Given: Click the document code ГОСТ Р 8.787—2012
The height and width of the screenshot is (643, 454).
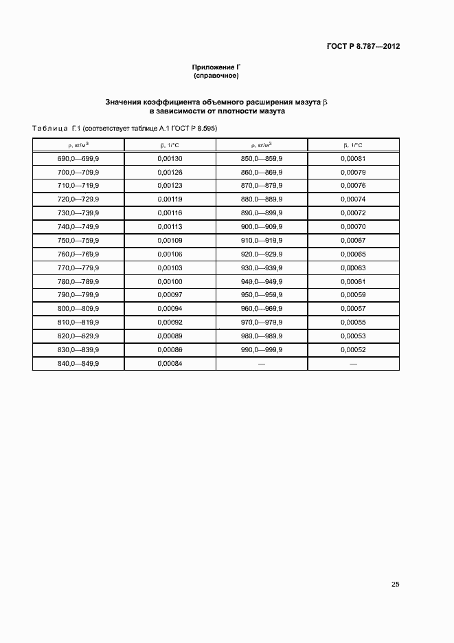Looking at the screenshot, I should pos(363,47).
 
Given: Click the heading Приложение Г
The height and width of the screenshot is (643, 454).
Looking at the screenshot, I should pos(216,67).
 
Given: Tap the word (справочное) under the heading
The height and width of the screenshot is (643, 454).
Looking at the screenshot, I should pos(216,76).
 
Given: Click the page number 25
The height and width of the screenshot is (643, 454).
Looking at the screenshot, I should pos(395,585).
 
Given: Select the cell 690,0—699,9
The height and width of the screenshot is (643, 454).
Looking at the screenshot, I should pos(78,159).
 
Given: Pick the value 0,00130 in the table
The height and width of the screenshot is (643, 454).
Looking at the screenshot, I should pos(170,159).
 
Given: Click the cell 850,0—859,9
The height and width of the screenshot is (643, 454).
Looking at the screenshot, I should pos(262,159).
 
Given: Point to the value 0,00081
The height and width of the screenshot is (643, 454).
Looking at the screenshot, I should pos(353,159).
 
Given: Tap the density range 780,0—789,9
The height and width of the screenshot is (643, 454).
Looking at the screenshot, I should pos(78,281).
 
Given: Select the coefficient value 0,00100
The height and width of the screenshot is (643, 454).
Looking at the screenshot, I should pos(170,281).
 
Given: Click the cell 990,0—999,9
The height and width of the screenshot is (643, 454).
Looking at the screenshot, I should pos(262,349).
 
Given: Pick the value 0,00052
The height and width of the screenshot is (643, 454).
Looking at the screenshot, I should pos(353,349).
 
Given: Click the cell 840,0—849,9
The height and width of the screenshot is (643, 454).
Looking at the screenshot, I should pos(78,363).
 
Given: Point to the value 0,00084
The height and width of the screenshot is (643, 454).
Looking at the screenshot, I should pos(170,363).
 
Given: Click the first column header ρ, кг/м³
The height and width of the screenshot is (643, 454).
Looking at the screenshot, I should pos(78,145).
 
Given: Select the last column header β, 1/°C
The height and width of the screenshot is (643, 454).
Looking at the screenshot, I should pos(353,145).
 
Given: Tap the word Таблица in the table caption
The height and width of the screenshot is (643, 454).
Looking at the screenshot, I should pos(49,128).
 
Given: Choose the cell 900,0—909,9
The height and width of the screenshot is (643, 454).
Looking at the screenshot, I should pos(262,227).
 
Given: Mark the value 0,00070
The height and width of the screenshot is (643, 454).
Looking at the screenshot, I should pos(353,227).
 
